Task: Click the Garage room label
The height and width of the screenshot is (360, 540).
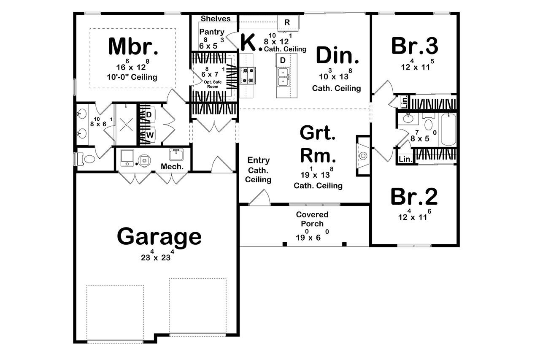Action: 159,236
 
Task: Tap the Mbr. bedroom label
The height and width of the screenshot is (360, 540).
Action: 133,46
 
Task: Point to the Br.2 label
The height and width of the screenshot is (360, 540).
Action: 414,196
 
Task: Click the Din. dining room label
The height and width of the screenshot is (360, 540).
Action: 337,55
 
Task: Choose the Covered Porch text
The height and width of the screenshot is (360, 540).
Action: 312,219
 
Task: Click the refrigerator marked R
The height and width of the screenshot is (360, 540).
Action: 287,22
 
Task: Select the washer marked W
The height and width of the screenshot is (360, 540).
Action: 149,135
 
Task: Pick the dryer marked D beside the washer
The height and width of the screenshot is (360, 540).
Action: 149,114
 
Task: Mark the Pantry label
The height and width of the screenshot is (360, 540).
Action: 212,32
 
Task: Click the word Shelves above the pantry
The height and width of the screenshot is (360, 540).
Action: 216,19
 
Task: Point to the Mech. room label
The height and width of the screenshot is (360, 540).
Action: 172,166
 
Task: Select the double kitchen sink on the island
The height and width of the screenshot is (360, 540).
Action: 283,76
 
